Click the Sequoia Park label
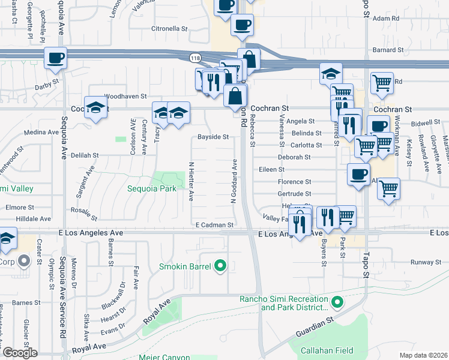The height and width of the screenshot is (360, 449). (151, 188)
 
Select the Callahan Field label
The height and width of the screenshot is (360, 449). (326, 347)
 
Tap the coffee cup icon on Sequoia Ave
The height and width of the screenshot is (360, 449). (56, 58)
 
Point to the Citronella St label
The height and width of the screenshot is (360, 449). (170, 28)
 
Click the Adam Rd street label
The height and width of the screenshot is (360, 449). (386, 19)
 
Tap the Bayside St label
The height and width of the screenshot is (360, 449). (213, 137)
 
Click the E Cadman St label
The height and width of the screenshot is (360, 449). (214, 224)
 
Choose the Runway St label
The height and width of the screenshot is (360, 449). (426, 263)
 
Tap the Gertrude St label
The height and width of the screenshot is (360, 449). (294, 194)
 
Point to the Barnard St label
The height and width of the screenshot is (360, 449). (386, 50)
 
